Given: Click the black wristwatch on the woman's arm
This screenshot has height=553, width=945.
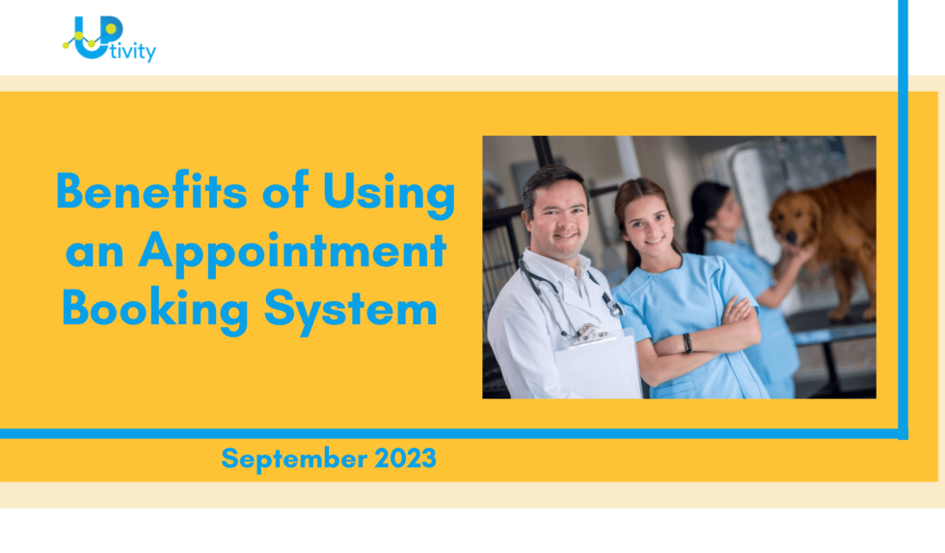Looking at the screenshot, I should [687, 342].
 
